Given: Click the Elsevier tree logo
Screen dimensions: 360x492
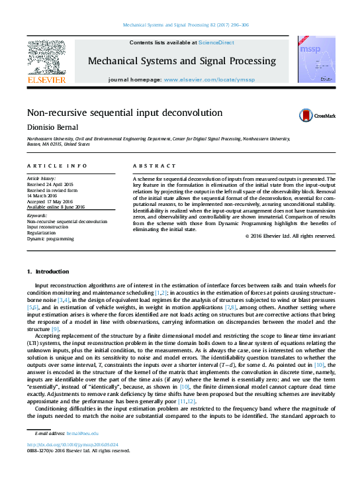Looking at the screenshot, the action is click(x=46, y=58).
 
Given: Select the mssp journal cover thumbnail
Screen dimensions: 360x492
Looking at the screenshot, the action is click(x=313, y=59).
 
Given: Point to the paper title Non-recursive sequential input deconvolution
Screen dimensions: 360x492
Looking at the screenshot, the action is click(x=124, y=113).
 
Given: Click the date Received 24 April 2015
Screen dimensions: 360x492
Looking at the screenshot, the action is click(x=51, y=183).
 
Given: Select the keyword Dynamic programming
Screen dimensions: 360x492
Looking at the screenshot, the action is click(x=50, y=238).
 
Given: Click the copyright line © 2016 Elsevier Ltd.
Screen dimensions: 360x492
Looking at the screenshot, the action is click(x=290, y=236).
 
